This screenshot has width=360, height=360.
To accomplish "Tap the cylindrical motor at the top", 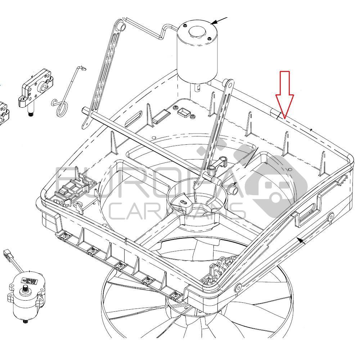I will tap(197, 50).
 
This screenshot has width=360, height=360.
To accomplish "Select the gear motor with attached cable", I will tap(25, 293).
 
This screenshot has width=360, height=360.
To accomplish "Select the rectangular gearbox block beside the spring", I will tap(36, 89).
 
